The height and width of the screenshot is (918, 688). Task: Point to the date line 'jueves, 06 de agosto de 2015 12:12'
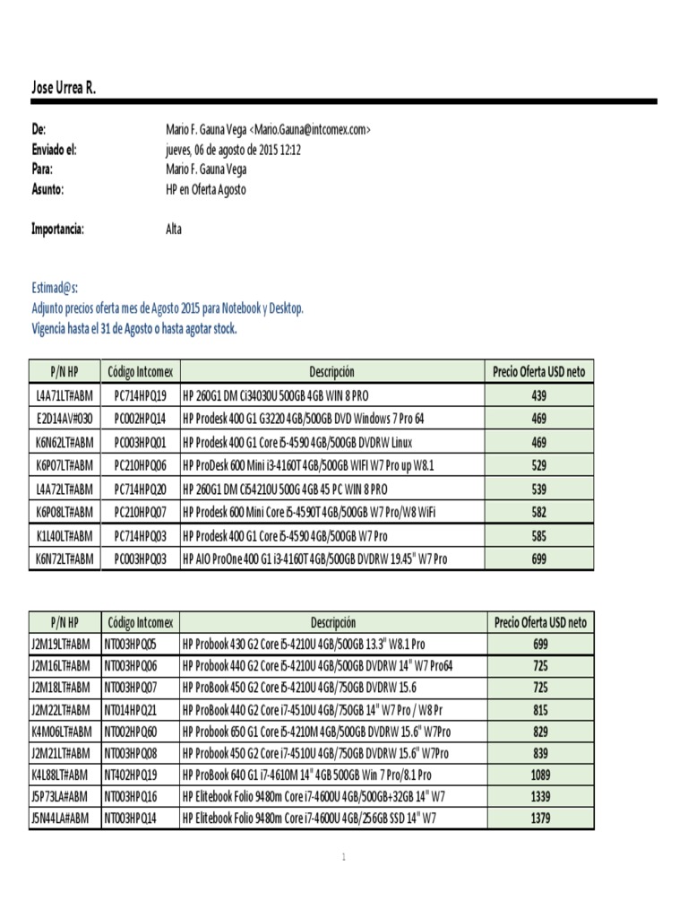pyautogui.click(x=233, y=150)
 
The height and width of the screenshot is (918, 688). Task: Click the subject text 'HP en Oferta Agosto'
pyautogui.click(x=205, y=189)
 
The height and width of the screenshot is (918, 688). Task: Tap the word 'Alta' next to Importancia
pyautogui.click(x=174, y=229)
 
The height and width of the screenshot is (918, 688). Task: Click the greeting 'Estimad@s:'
pyautogui.click(x=55, y=288)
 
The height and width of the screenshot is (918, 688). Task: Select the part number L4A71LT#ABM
pyautogui.click(x=64, y=395)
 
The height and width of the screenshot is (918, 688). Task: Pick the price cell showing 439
pyautogui.click(x=539, y=395)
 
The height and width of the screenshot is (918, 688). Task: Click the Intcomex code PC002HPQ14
pyautogui.click(x=141, y=419)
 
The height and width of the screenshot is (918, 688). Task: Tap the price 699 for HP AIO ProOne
pyautogui.click(x=539, y=559)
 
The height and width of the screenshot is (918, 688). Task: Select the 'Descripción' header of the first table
pyautogui.click(x=331, y=372)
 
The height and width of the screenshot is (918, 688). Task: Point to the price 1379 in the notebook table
pyautogui.click(x=539, y=818)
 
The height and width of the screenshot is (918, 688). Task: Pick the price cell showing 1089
pyautogui.click(x=539, y=774)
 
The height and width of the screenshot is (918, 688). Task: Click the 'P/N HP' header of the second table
pyautogui.click(x=64, y=622)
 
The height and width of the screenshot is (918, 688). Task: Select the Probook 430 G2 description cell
pyautogui.click(x=304, y=645)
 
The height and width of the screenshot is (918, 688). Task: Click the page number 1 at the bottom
pyautogui.click(x=344, y=858)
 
